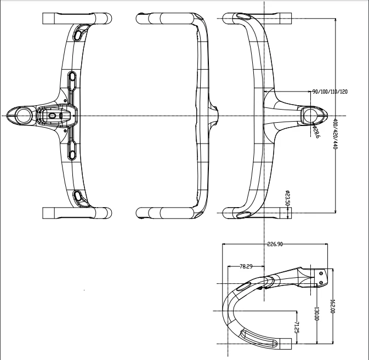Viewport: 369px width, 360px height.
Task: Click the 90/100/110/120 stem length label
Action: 330,92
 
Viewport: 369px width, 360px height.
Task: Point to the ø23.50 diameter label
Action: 287,198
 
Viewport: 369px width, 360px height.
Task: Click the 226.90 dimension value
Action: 275,244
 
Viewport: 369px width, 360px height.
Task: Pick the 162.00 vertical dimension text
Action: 332,306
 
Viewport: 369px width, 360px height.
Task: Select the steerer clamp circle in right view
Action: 310,116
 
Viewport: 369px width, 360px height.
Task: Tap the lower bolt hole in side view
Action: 321,282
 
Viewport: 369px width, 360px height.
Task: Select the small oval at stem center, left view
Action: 53,115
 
